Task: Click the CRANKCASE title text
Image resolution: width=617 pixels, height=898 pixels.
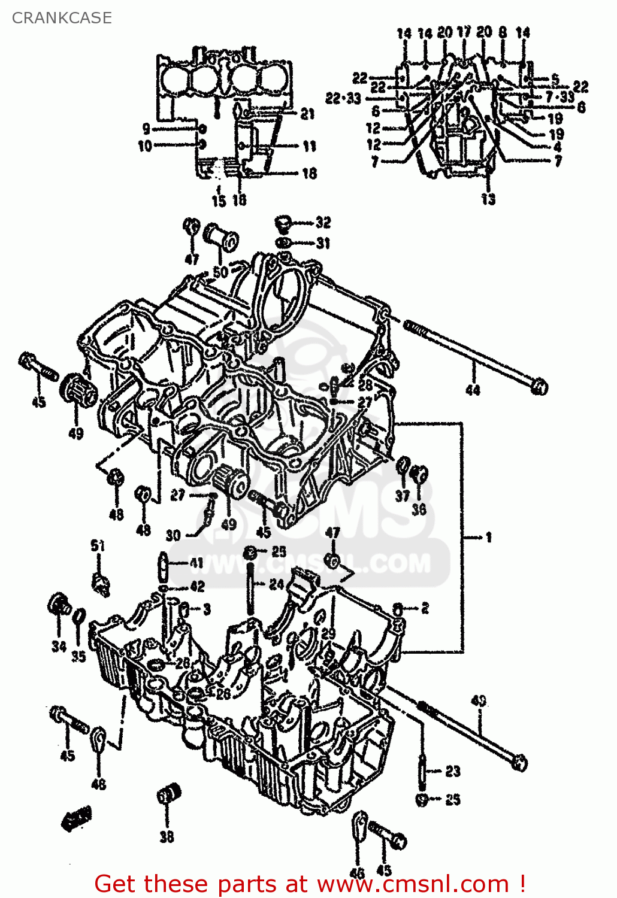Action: coord(62,18)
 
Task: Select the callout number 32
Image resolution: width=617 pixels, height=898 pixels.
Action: coord(323,223)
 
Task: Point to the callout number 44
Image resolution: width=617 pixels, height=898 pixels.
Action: coord(473,390)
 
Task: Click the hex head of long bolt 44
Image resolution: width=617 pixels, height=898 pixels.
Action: coord(539,386)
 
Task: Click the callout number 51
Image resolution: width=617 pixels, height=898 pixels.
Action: coord(98,545)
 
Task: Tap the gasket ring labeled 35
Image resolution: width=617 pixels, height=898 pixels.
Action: coord(79,617)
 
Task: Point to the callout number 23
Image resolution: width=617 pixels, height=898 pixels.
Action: coord(453,771)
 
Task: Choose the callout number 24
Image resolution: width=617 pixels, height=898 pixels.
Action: coord(276,584)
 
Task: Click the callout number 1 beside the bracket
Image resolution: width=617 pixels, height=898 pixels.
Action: coord(488,538)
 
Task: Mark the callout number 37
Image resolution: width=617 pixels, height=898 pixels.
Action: coord(403,496)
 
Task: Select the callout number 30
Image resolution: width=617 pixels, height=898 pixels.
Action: coord(173,535)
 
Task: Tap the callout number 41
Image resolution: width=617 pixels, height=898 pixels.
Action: coord(196,563)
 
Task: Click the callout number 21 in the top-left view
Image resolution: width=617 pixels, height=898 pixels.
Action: coord(307,114)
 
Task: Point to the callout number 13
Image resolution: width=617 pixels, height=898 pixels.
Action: coord(488,199)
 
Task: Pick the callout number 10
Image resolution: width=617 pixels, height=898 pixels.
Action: coord(145,145)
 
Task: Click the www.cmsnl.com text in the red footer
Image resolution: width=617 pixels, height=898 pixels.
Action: coord(413,884)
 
